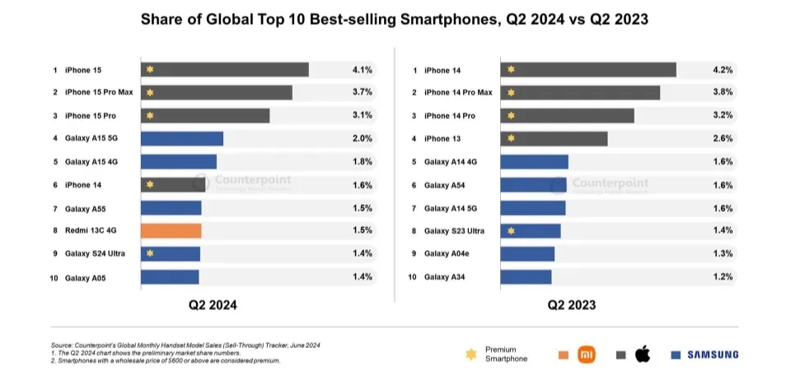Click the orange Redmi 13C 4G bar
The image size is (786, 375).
pos(171,230)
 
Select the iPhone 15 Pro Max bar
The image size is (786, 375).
pos(216,93)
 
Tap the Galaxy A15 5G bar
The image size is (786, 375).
pos(182,139)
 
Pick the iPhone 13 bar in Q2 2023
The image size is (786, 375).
pos(554,139)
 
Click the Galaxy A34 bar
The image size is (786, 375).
pos(526,277)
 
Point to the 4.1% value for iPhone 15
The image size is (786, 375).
pos(362,71)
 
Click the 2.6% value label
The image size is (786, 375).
pos(723,139)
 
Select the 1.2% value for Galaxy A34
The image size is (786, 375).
pos(723,277)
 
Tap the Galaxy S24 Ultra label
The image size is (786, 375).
pos(95,254)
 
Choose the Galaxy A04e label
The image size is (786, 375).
pos(448,254)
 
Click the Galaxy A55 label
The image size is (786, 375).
pos(85,208)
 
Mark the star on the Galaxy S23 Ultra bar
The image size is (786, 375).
pos(512,231)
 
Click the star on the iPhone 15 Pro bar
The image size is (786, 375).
pos(150,116)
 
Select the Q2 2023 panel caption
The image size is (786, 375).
pos(572,305)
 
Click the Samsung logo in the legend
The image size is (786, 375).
pos(712,354)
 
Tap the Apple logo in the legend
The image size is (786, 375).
pos(643,354)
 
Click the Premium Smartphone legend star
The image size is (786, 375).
pos(470,354)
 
